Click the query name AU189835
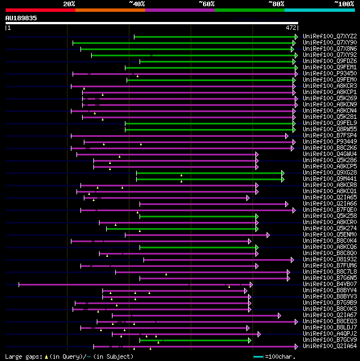coord(21,18)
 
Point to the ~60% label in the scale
coord(206,4)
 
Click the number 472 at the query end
coord(291,27)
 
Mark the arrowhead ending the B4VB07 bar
coord(251,284)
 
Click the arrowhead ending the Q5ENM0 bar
coord(268,235)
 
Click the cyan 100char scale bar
coord(258,356)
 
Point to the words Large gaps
coord(22,356)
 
